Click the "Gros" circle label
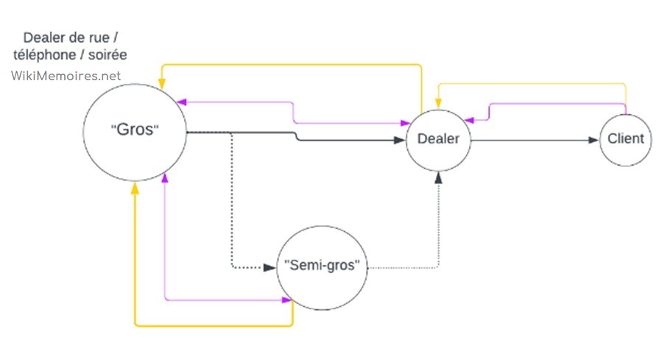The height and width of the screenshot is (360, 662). pos(135,130)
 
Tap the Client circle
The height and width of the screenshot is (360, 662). pos(626,138)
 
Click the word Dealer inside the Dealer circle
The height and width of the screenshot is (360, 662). pos(438,138)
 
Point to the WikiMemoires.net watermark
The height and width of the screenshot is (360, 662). pos(66,75)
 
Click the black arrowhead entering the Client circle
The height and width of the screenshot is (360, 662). pos(594,139)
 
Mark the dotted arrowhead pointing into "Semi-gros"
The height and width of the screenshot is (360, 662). pos(268,267)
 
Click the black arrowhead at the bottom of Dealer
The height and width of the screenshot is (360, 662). pos(439,177)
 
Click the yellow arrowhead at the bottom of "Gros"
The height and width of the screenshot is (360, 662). pos(135,189)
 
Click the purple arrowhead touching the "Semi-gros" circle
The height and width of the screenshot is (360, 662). pos(286,299)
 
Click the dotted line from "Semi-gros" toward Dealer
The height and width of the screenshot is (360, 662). pos(412,267)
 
